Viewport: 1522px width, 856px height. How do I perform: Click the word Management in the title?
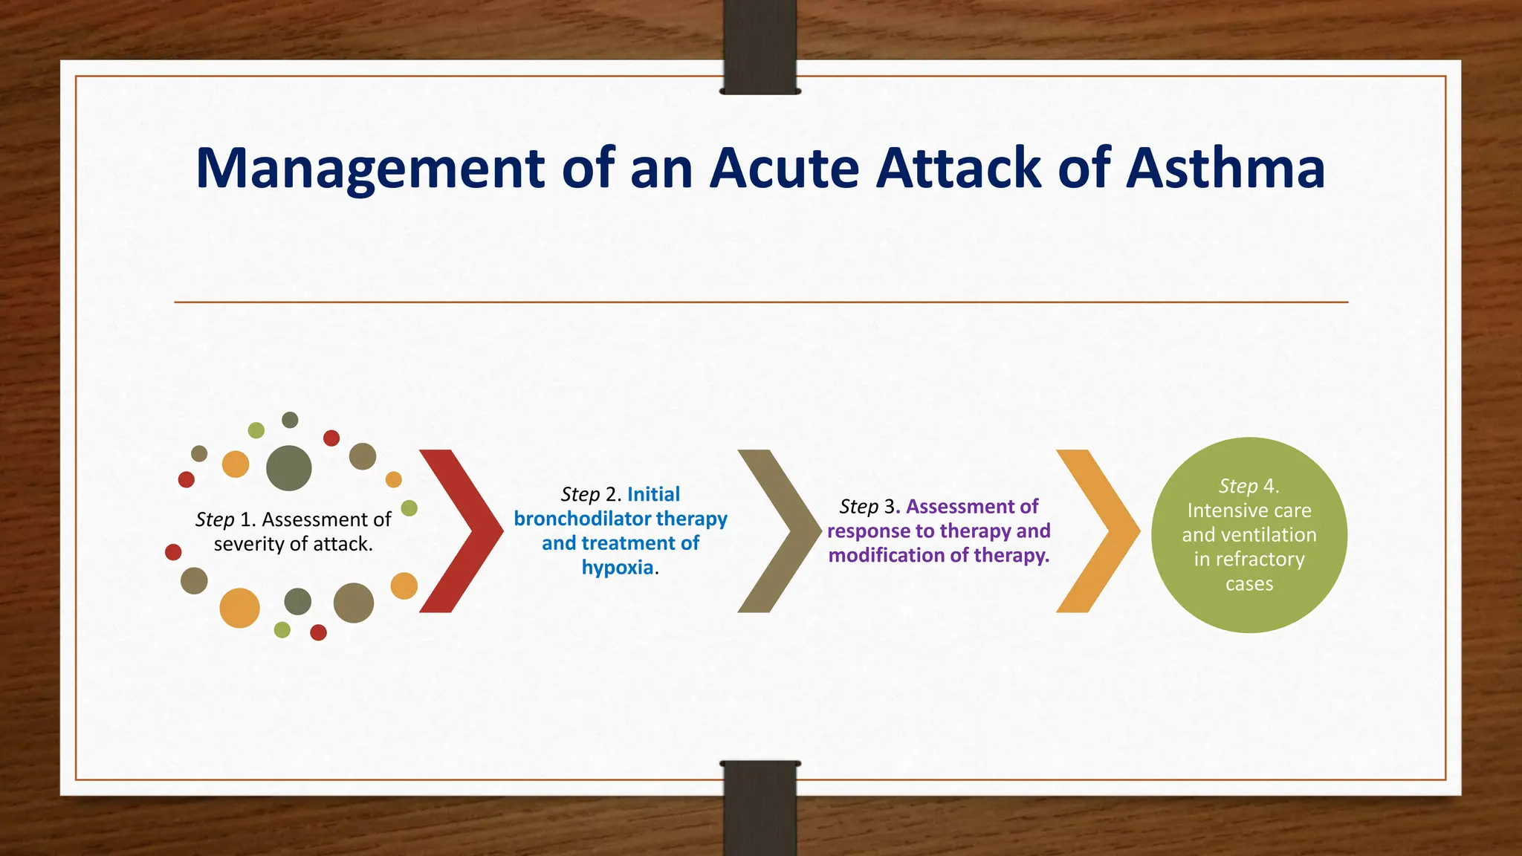[371, 169]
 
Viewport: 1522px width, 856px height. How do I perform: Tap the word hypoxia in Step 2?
[617, 568]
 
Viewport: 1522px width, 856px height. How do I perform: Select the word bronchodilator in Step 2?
[582, 519]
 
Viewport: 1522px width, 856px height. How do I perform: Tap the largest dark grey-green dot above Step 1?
[288, 468]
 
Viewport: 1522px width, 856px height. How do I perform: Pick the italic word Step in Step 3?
[858, 507]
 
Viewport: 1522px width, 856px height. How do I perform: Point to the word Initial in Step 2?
[653, 495]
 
